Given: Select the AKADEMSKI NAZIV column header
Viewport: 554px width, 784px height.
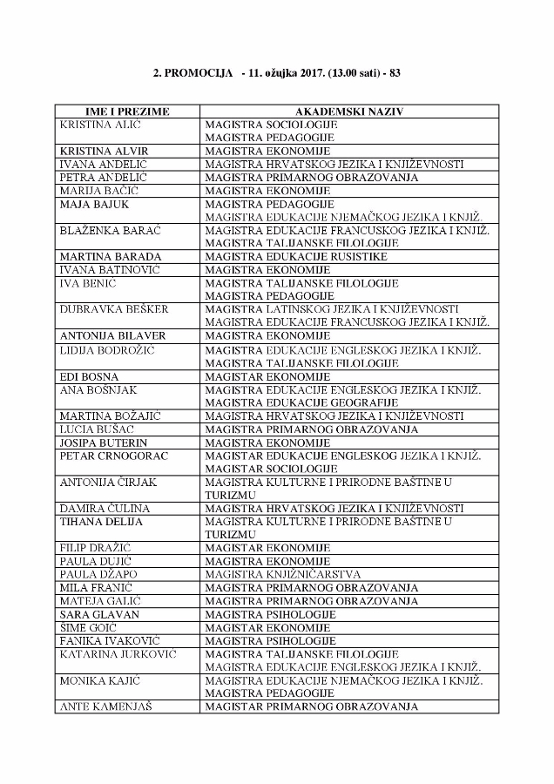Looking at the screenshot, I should click(348, 112).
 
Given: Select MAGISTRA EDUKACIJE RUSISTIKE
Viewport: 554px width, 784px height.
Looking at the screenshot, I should click(296, 256).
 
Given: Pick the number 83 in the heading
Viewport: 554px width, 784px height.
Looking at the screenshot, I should click(395, 73).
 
